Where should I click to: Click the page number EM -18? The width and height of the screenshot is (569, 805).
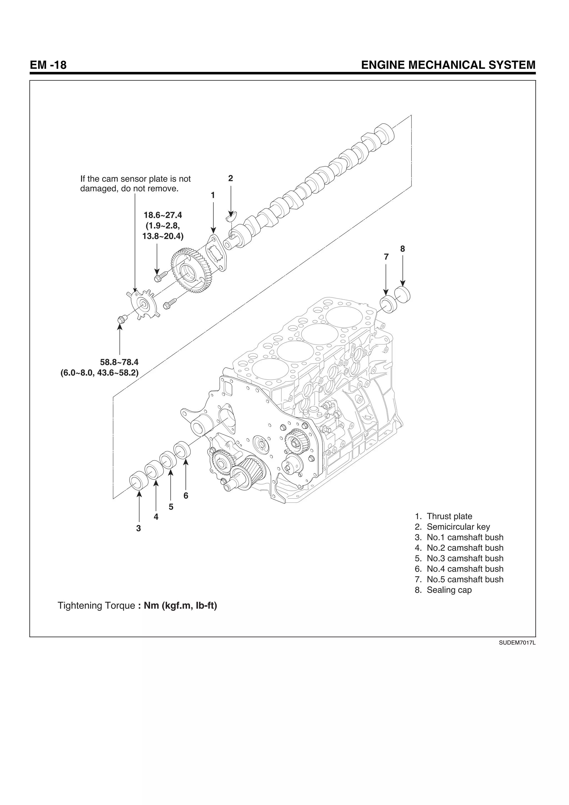[x=48, y=65]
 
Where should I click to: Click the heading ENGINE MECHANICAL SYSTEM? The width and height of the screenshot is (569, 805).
[x=448, y=65]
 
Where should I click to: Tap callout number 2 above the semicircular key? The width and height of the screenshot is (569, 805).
[x=230, y=178]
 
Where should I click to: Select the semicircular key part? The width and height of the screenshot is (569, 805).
[x=231, y=217]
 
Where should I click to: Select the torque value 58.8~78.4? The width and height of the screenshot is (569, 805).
[x=119, y=362]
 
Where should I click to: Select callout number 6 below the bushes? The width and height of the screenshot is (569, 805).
[x=186, y=496]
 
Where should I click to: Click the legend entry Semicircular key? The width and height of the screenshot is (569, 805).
[x=458, y=527]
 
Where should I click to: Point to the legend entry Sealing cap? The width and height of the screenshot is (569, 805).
[x=449, y=590]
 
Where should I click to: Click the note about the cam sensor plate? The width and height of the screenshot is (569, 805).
[x=135, y=184]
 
